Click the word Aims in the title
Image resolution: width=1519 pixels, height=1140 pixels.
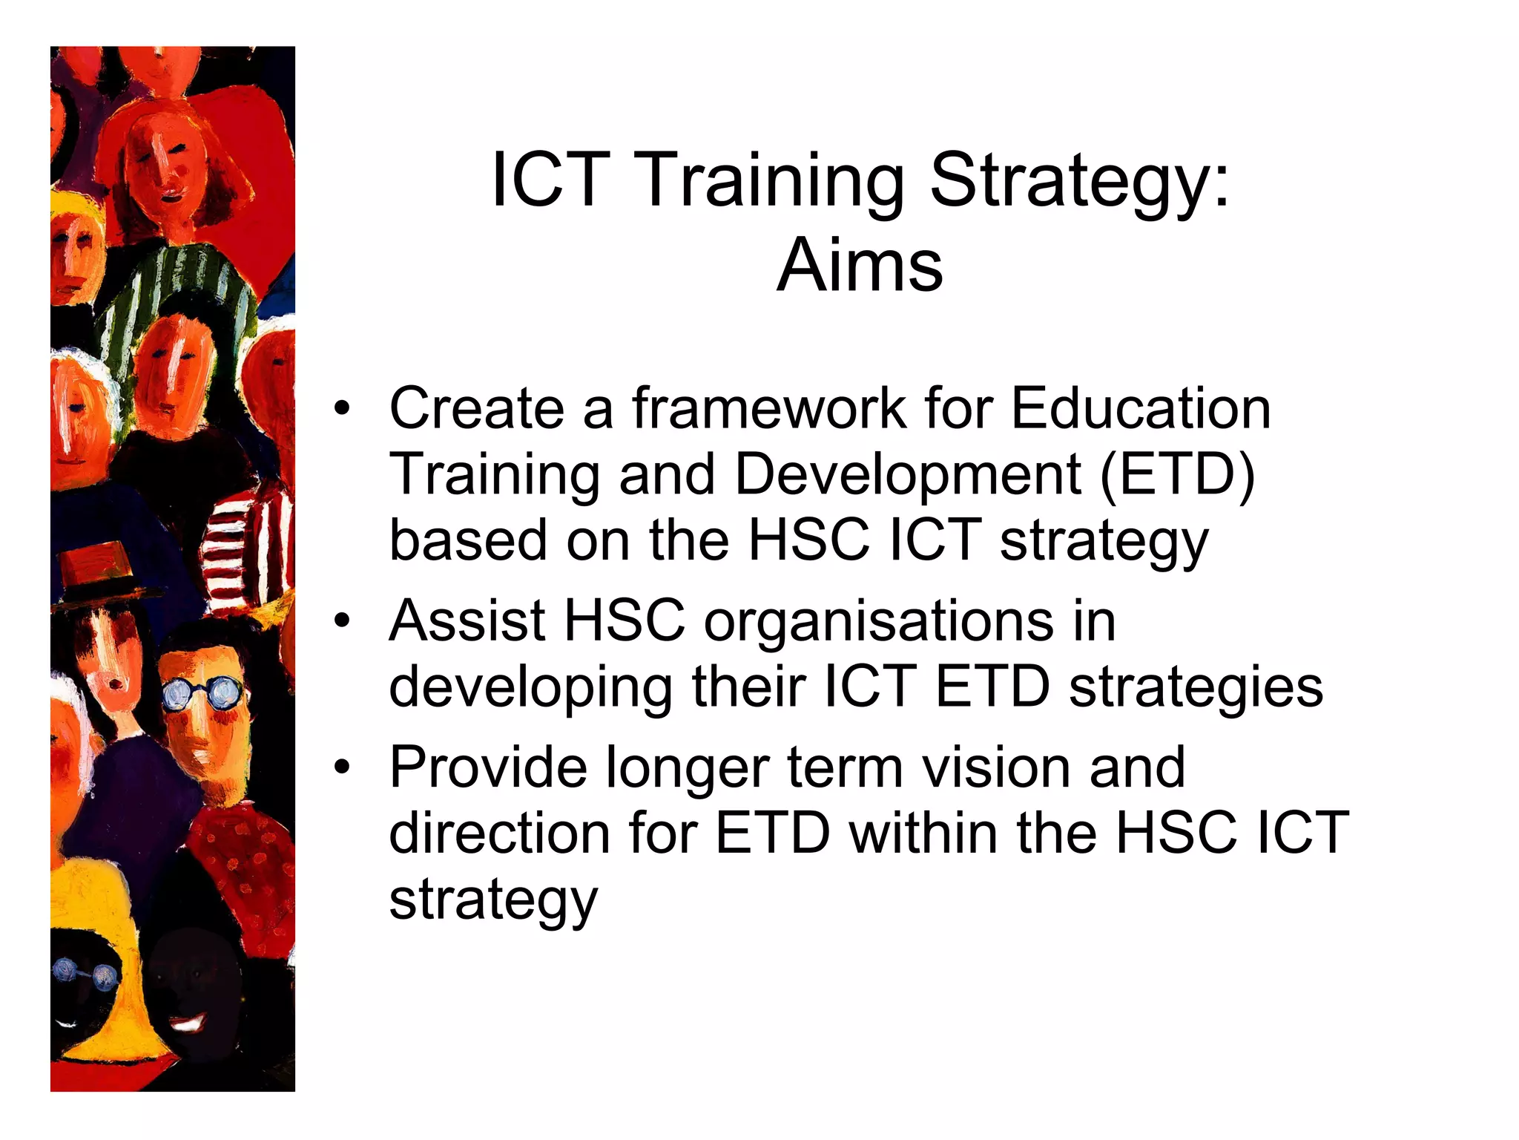point(860,266)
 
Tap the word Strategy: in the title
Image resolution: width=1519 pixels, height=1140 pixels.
point(1079,181)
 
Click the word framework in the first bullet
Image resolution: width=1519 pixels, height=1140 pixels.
point(769,408)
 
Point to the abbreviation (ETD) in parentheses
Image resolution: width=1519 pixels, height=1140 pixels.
point(1177,474)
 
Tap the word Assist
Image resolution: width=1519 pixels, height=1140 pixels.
point(467,620)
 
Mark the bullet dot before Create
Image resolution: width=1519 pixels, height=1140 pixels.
point(341,408)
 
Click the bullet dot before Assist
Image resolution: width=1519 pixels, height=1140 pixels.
point(341,620)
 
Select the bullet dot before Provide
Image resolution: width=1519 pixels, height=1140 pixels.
point(341,767)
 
